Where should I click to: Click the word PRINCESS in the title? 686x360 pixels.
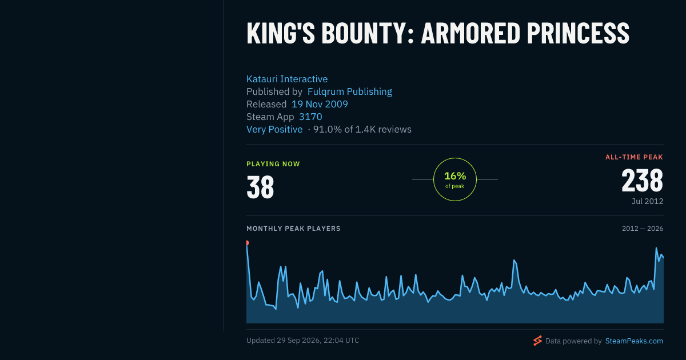[578, 33]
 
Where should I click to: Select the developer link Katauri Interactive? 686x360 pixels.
[287, 79]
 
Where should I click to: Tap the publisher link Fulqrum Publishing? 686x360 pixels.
[350, 91]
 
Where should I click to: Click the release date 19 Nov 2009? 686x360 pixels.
[320, 104]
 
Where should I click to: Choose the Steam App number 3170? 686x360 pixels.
[310, 117]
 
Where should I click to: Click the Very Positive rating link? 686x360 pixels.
[274, 129]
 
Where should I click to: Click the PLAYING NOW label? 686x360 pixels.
[273, 164]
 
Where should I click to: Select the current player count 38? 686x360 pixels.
[260, 187]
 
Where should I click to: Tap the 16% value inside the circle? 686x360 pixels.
[455, 176]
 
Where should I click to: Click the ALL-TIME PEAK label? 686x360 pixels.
[634, 157]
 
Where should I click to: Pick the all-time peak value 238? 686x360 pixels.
[642, 181]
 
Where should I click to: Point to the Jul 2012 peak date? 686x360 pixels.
[647, 201]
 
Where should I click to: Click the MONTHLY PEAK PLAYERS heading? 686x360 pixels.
[293, 229]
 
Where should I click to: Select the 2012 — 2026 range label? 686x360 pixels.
[643, 229]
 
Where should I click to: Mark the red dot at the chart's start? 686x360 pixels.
[247, 243]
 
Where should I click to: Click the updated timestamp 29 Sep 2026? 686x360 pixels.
[298, 341]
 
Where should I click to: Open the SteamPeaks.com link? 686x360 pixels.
[634, 341]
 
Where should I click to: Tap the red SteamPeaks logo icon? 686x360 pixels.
[537, 341]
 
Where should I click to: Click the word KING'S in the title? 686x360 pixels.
[281, 33]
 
